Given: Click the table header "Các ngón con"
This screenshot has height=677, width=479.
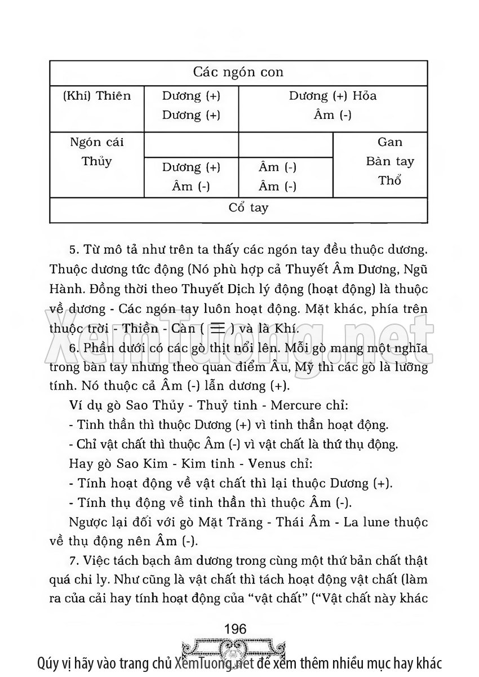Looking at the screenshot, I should click(238, 72).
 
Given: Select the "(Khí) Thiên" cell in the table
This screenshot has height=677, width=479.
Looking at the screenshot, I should click(96, 96).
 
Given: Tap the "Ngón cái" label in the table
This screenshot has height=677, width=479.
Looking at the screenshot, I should click(96, 142).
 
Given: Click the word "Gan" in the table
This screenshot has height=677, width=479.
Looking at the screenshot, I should click(390, 142).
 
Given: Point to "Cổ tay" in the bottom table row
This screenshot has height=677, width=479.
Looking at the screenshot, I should click(249, 207).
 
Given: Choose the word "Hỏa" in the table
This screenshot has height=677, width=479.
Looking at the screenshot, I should click(365, 96).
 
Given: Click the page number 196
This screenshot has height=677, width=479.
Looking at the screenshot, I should click(235, 629).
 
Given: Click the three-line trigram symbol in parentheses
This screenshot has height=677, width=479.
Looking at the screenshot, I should click(216, 328).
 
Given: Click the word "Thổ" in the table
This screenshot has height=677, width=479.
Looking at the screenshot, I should click(390, 182).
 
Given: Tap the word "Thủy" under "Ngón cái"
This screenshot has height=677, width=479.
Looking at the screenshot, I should click(96, 161).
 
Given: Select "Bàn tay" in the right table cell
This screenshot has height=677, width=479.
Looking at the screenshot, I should click(390, 162).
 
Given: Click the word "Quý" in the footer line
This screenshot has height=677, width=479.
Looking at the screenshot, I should click(47, 663).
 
